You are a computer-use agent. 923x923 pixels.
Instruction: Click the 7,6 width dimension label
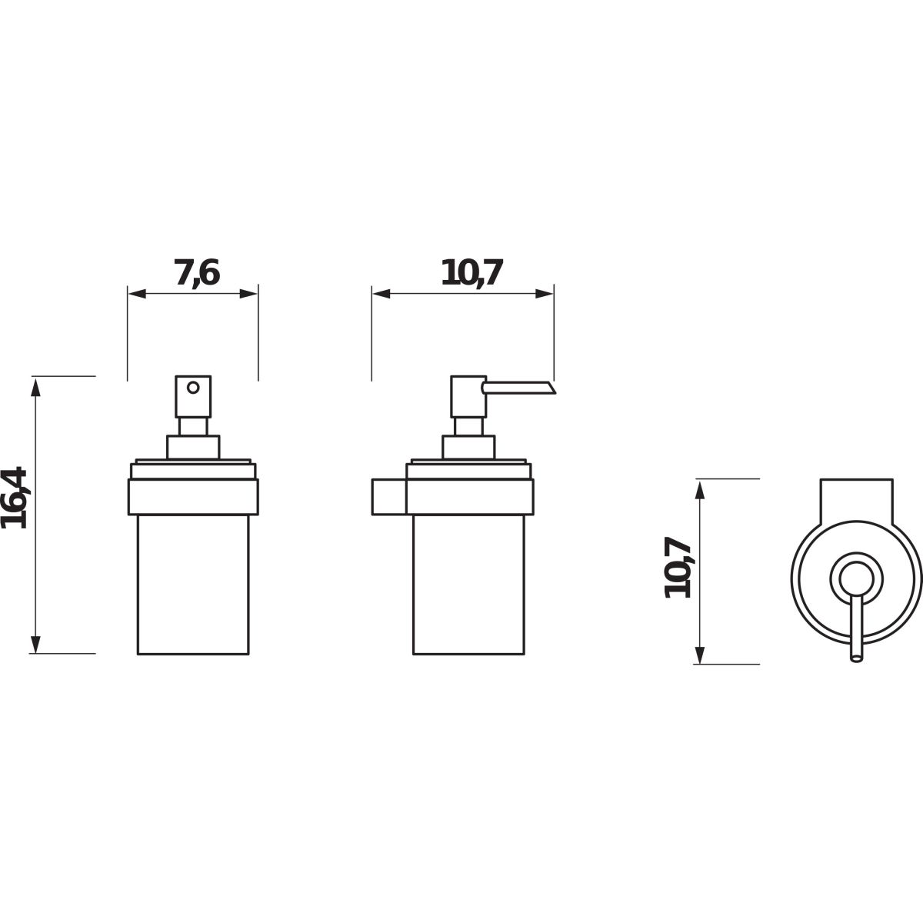pyautogui.click(x=196, y=273)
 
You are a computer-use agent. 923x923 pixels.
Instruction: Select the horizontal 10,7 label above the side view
pyautogui.click(x=471, y=273)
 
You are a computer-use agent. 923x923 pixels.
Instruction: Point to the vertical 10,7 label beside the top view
pyautogui.click(x=678, y=568)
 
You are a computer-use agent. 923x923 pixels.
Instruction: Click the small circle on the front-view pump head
pyautogui.click(x=193, y=388)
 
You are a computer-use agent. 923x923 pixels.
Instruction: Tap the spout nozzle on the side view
pyautogui.click(x=520, y=388)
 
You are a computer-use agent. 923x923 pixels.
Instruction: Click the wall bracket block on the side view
pyautogui.click(x=389, y=497)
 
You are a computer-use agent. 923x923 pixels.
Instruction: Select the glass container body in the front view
pyautogui.click(x=193, y=585)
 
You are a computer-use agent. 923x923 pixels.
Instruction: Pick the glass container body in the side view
pyautogui.click(x=468, y=585)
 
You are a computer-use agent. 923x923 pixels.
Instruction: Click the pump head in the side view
pyautogui.click(x=468, y=397)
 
